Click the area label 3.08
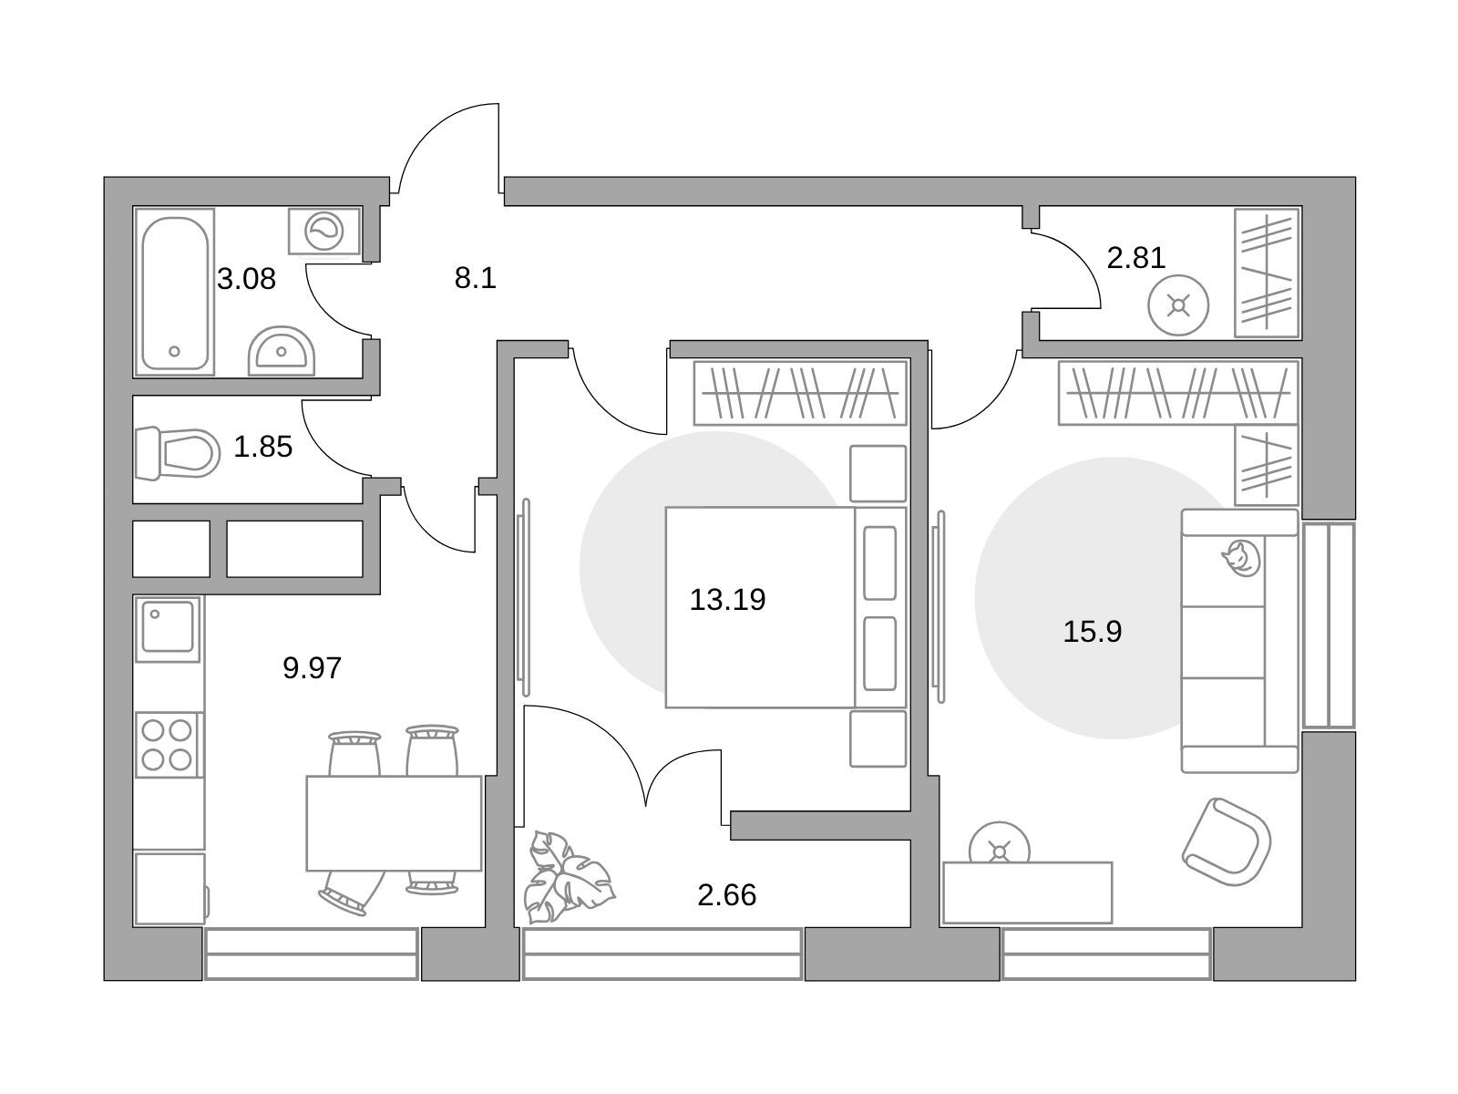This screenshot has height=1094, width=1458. click(x=246, y=278)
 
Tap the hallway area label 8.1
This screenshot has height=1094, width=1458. click(x=475, y=278)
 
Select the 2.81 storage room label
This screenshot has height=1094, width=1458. click(x=1135, y=258)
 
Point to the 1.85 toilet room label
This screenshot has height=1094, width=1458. click(x=262, y=447)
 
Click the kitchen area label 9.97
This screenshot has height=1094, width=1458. click(x=312, y=668)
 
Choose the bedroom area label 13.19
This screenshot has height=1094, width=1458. click(x=727, y=600)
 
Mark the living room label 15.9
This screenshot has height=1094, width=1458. click(x=1092, y=631)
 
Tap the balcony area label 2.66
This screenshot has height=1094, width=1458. click(x=726, y=895)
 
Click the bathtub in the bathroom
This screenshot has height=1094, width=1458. click(x=175, y=292)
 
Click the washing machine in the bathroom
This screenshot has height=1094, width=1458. click(x=323, y=231)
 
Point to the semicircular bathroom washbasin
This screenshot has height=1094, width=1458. click(x=282, y=352)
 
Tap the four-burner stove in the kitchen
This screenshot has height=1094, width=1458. click(x=168, y=744)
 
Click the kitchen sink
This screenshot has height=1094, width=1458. click(x=168, y=627)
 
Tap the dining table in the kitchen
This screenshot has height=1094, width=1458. click(x=394, y=823)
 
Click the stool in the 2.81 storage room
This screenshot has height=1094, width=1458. click(x=1179, y=305)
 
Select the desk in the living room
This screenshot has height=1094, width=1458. click(x=1027, y=893)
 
